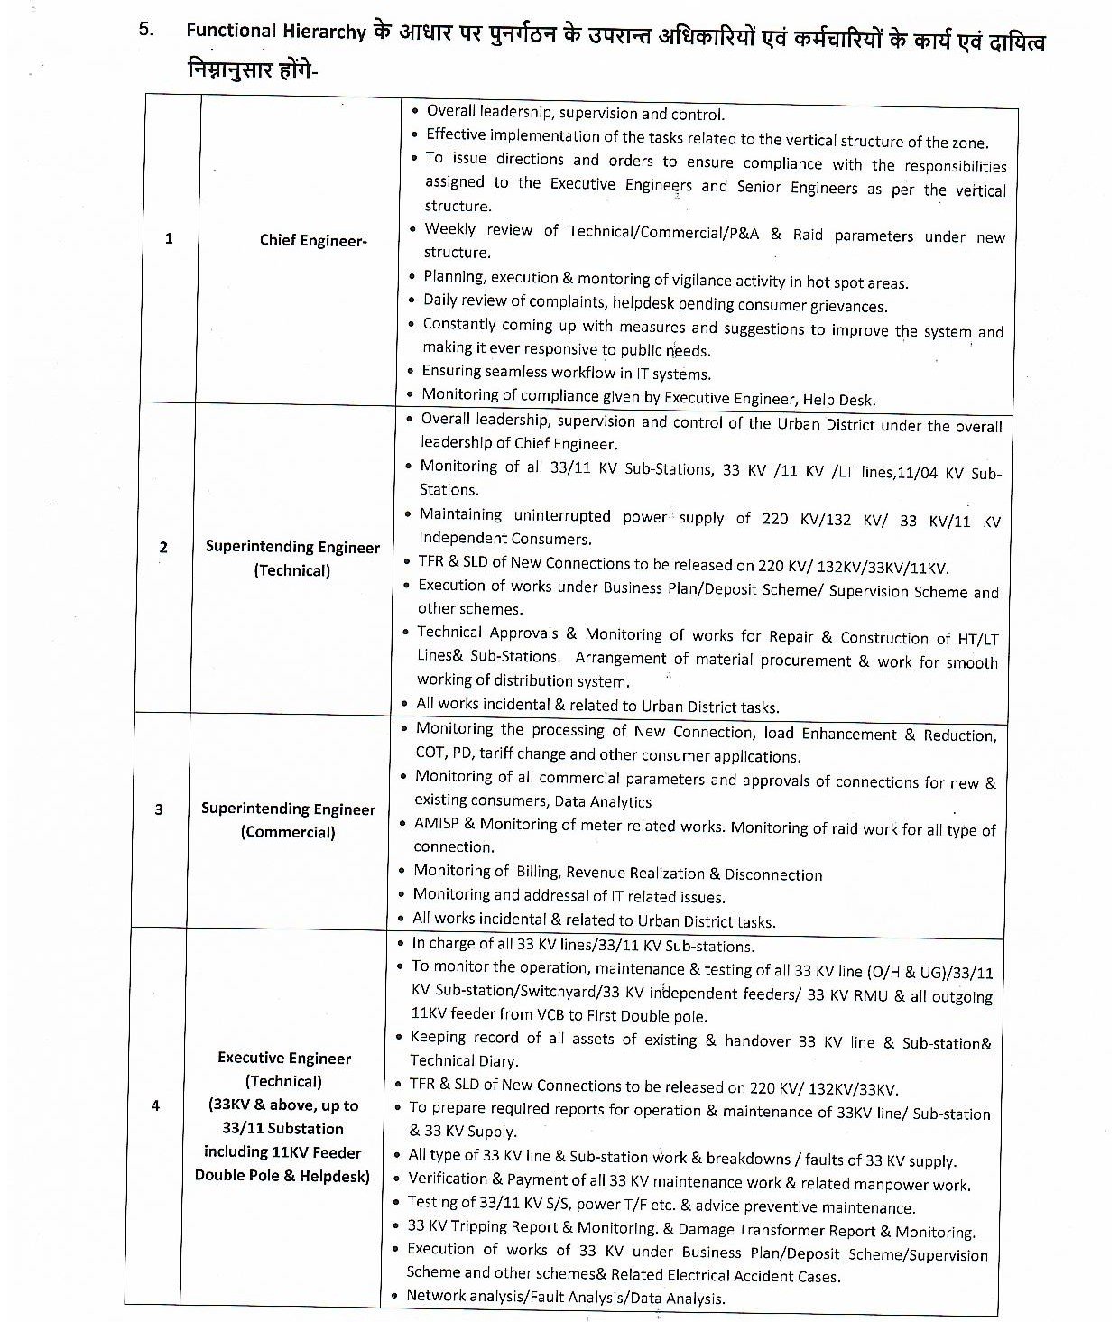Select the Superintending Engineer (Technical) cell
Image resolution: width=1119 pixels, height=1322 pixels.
[x=292, y=559]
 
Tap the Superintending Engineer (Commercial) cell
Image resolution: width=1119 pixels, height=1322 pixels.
[x=288, y=820]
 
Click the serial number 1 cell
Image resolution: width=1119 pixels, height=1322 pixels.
[x=169, y=239]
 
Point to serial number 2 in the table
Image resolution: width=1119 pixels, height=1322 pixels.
[x=163, y=547]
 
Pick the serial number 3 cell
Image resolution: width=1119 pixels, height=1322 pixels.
[x=159, y=809]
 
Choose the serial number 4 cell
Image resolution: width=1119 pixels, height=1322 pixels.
[x=155, y=1105]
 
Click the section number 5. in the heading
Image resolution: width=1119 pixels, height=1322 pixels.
[x=146, y=28]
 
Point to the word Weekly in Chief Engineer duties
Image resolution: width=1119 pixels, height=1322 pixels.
[x=449, y=229]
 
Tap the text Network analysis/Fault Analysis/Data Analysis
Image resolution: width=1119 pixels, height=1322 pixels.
[x=566, y=1298]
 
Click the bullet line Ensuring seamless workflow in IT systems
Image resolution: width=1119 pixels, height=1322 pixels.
[x=567, y=373]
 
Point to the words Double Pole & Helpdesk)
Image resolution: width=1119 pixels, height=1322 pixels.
[x=282, y=1175]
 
